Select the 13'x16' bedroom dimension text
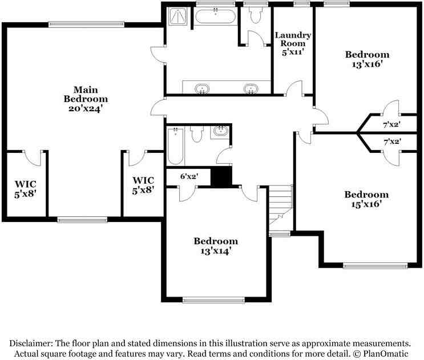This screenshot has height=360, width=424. click(x=367, y=64)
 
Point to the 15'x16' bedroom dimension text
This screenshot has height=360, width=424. click(x=367, y=204)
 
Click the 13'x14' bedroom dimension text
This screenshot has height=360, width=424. click(x=215, y=250)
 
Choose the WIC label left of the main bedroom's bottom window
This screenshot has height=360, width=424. click(x=26, y=188)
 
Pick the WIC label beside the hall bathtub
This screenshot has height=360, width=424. click(x=143, y=186)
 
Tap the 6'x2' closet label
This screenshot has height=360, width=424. click(x=188, y=176)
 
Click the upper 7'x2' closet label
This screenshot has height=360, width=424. click(x=391, y=124)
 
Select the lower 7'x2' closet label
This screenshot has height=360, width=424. click(x=391, y=141)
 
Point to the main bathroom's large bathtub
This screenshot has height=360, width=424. click(x=215, y=15)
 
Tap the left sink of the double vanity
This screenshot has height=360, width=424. click(x=201, y=88)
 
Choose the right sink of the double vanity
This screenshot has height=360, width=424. click(x=250, y=88)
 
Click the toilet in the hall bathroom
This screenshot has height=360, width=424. click(x=197, y=134)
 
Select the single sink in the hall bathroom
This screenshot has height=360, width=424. click(x=220, y=132)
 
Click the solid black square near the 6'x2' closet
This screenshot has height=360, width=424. click(x=221, y=177)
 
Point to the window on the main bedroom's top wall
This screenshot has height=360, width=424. click(x=86, y=24)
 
